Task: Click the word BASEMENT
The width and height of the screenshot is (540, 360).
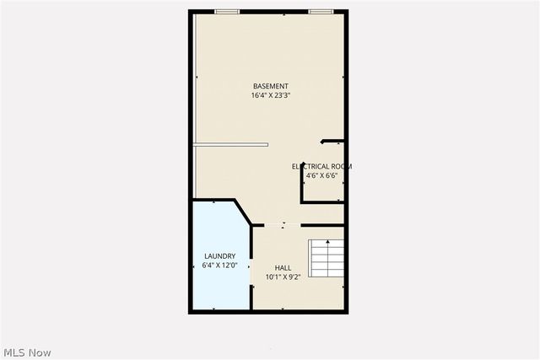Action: [270, 86]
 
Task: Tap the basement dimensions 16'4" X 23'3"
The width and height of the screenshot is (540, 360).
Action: [270, 95]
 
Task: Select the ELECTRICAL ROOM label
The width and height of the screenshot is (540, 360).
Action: [321, 166]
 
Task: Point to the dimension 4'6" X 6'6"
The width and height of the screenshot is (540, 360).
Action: [321, 175]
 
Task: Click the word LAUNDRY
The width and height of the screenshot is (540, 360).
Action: [219, 255]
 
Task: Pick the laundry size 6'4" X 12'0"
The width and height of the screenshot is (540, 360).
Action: [219, 265]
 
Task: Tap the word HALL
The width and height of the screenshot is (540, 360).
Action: [283, 267]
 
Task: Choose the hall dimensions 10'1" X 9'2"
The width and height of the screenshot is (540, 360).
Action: [283, 277]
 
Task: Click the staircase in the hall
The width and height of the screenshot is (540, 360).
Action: [326, 259]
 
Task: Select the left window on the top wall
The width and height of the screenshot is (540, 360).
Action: [226, 11]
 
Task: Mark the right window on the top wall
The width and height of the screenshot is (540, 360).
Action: [319, 11]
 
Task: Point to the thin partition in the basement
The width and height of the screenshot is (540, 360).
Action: [230, 144]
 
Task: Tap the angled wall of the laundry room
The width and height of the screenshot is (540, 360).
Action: [242, 212]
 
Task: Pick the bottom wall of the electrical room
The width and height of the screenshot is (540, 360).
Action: [322, 201]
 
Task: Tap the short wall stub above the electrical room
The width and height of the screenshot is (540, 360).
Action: [332, 141]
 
